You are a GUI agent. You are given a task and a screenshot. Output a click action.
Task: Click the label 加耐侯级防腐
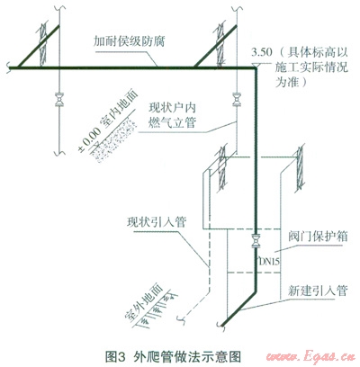pos(129,41)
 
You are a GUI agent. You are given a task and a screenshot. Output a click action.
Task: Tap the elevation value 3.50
pos(262,53)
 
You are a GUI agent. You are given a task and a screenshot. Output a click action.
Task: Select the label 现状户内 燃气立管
pos(173,115)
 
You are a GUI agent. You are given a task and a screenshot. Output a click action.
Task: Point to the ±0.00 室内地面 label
pos(107,121)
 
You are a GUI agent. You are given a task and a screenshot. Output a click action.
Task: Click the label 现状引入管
pos(157,222)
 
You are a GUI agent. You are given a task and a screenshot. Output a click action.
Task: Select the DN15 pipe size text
pos(269,262)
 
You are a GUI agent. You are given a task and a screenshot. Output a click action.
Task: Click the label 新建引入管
pos(318,291)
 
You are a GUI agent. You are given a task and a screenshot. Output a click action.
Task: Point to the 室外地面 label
pos(143,302)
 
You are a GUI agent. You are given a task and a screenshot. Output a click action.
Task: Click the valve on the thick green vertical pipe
pos(256,241)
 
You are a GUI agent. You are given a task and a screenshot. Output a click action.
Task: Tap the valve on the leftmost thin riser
pos(58,100)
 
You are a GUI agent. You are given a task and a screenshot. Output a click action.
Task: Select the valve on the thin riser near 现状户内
pos(237,100)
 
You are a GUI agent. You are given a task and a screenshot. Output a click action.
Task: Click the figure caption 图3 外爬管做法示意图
pos(173,357)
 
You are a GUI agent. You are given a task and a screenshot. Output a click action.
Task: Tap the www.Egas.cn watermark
pos(310,357)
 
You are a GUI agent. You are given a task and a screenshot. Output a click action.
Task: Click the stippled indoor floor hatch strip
pos(114,139)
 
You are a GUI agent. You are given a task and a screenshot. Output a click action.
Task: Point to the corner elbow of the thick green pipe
pos(256,69)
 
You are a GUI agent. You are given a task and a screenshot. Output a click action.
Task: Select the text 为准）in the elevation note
pos(292,82)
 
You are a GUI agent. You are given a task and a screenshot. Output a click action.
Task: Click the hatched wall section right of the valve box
pos(300,168)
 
